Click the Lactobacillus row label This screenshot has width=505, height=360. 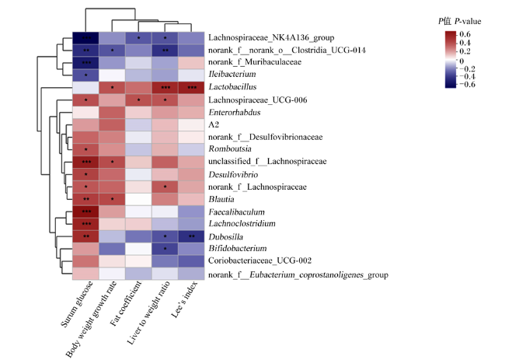(x=232, y=87)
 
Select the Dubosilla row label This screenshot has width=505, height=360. (x=226, y=237)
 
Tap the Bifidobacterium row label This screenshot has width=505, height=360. (x=238, y=249)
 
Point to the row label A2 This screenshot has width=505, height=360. (x=214, y=124)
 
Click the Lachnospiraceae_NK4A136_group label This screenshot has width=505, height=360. (x=271, y=37)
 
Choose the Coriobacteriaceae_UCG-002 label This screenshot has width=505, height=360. (x=260, y=260)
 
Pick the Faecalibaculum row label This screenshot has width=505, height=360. (x=237, y=212)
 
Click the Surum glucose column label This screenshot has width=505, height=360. (x=77, y=304)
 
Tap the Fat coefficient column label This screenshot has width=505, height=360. (x=126, y=303)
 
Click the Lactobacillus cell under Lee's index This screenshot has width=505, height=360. (x=191, y=87)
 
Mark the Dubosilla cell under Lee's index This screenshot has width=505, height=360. (x=191, y=236)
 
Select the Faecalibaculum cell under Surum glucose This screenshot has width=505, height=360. (x=85, y=211)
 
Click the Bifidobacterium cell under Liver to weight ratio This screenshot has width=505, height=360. (x=165, y=249)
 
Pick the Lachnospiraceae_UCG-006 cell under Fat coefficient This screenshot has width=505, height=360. (x=138, y=100)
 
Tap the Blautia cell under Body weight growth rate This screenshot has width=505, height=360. (x=112, y=199)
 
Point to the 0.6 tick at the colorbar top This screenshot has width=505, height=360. (x=465, y=34)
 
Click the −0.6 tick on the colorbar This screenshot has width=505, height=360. (x=467, y=85)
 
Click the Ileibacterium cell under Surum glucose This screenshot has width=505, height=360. (x=85, y=75)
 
